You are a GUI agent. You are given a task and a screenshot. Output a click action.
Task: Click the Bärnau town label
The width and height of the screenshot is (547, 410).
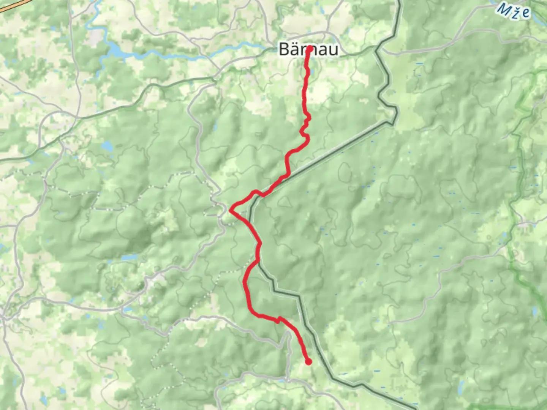[308, 49]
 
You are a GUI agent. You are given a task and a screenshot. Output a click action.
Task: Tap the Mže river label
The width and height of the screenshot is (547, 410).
[514, 10]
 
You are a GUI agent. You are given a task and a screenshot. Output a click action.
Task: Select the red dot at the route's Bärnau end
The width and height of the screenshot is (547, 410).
[310, 49]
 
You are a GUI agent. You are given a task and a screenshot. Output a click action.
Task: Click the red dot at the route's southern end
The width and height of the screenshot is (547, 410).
[308, 362]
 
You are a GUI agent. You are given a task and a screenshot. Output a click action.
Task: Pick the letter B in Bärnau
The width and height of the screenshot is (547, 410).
[284, 49]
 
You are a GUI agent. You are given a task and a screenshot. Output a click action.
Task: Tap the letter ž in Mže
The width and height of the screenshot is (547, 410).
[515, 11]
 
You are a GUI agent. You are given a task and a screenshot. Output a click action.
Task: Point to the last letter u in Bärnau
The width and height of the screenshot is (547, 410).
[333, 50]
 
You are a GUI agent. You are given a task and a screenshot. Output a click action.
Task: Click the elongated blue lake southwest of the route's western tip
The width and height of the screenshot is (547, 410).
[129, 257]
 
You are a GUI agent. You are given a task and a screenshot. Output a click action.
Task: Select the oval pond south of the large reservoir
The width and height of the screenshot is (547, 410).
[107, 146]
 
